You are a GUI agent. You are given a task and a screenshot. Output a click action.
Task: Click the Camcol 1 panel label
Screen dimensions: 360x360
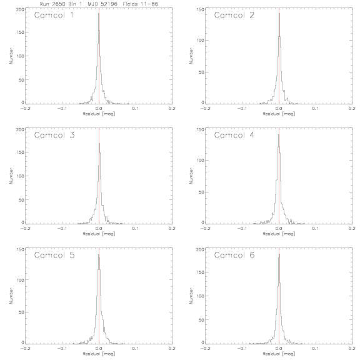coord(54,15)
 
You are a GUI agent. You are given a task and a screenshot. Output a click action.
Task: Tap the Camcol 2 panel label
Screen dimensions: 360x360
coord(234,15)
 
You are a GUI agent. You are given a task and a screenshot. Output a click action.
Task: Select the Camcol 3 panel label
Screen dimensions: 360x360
coord(54,135)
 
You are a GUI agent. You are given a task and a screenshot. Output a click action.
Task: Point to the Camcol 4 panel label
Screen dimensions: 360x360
coord(234,135)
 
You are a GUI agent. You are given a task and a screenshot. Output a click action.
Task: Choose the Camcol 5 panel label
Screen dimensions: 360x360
coord(54,255)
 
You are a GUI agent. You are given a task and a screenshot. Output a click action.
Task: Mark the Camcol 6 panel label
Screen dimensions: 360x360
coord(234,255)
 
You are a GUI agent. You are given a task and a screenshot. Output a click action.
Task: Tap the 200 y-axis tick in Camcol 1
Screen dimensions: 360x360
coord(20,9)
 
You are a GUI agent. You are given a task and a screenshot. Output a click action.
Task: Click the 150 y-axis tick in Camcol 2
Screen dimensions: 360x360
coord(201,9)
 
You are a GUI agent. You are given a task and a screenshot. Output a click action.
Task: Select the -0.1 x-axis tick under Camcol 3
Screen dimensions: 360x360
coord(62,229)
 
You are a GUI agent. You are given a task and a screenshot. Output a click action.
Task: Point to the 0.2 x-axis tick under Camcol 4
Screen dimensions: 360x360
coord(352,229)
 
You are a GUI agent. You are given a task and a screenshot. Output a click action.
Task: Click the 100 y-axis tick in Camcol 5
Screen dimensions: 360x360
coord(21,280)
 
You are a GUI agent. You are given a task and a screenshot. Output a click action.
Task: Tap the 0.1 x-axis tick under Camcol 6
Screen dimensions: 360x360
coord(316,349)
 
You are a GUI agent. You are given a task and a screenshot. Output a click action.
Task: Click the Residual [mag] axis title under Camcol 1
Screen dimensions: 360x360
coord(99,114)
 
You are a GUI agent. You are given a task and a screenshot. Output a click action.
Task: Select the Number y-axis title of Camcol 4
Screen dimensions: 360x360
coord(191,176)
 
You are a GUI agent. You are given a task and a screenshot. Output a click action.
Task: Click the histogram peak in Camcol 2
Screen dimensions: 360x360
coord(279,14)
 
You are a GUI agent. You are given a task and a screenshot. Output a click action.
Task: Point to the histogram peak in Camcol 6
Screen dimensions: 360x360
coord(279,254)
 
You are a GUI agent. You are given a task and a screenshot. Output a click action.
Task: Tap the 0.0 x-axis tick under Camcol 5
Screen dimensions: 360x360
coord(99,349)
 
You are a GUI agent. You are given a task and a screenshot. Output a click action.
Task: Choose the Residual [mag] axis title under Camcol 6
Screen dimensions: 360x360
coord(279,354)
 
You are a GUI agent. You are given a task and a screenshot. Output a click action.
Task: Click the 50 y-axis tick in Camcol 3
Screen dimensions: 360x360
coord(21,200)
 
